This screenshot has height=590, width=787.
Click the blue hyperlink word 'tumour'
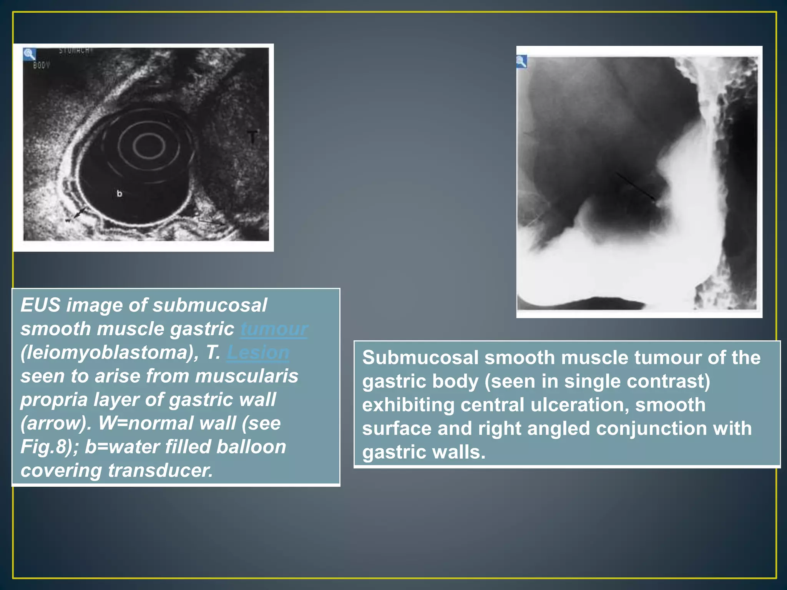tap(274, 329)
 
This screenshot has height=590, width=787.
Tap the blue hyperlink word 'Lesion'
tap(258, 353)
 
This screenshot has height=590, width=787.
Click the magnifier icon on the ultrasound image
tap(29, 54)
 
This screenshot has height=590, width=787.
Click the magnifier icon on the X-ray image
tap(521, 61)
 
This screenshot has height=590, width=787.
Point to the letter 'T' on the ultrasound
tap(252, 137)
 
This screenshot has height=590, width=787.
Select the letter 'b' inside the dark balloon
tap(120, 194)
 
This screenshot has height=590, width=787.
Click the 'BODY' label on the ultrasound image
tap(41, 65)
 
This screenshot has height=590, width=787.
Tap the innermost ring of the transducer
tap(149, 146)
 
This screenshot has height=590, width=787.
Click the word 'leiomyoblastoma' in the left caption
tap(107, 353)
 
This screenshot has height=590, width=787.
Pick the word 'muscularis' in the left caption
tap(246, 376)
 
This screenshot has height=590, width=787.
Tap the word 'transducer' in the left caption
tap(160, 471)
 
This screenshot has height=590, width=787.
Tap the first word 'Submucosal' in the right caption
tap(420, 358)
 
